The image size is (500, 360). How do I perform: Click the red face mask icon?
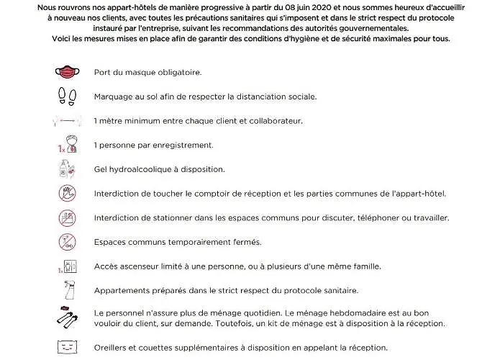click(66, 73)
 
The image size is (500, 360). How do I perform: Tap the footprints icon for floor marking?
click(66, 96)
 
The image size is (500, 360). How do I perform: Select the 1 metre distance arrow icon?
click(66, 121)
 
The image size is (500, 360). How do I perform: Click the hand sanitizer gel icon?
click(66, 169)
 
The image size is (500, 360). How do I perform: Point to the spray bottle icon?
click(66, 290)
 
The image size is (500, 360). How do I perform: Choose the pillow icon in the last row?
click(66, 346)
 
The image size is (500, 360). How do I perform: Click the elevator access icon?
click(66, 266)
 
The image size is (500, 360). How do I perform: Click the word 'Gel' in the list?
click(101, 169)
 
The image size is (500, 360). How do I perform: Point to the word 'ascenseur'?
click(137, 266)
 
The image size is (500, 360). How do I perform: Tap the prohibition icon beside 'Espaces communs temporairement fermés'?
click(66, 242)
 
